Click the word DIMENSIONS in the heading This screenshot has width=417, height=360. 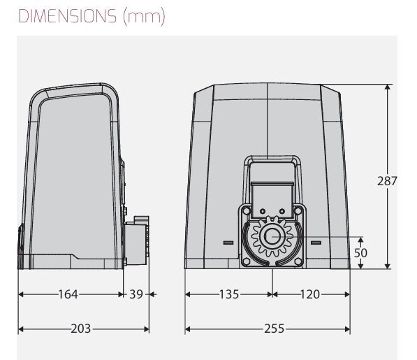point(67,16)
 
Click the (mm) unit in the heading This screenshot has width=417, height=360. point(144,17)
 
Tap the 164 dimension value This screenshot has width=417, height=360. point(68,294)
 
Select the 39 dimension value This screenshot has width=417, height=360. point(136,294)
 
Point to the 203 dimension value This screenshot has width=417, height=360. point(81,329)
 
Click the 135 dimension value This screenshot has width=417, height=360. point(229,294)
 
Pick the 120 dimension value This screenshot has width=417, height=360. point(310,294)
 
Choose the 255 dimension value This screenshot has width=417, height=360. point(275,329)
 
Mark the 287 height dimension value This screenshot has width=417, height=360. point(387,181)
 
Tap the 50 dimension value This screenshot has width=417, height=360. point(360,253)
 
